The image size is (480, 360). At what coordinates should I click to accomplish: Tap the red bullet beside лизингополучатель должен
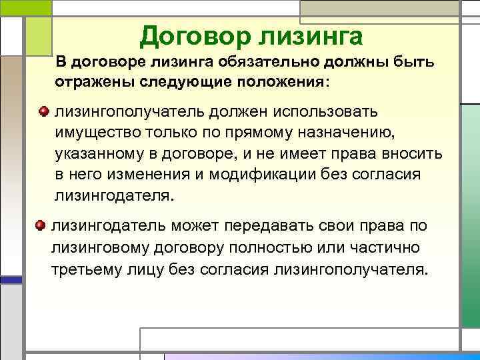[45, 110]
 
